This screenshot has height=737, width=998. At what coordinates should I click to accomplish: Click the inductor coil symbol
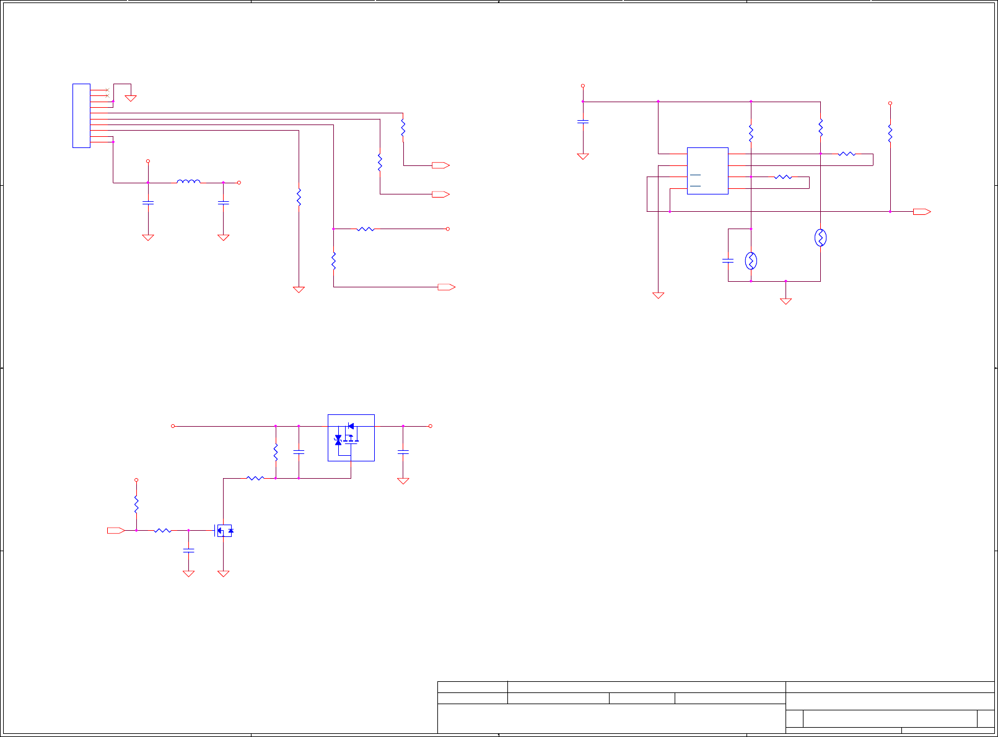coord(188,181)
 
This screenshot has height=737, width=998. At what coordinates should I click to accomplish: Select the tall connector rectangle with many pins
coord(81,116)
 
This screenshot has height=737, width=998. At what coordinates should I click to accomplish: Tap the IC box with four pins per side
coord(707,171)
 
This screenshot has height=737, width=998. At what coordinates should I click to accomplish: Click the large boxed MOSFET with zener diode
coord(351,438)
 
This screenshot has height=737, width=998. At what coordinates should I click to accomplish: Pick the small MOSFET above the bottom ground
coord(224,531)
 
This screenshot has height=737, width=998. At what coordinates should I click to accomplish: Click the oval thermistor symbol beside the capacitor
coord(751,261)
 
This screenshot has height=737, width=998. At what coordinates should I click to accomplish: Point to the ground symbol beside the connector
coord(131,97)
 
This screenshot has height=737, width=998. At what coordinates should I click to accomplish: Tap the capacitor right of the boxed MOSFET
coord(403,453)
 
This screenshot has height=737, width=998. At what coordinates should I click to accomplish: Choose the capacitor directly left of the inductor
coord(148,203)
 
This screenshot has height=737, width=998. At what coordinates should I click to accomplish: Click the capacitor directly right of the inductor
coord(224,203)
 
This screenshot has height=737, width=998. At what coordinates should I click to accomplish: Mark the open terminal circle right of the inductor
coord(239,183)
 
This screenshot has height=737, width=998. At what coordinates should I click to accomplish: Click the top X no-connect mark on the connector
coord(107,90)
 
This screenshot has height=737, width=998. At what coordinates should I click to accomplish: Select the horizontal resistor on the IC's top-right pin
coord(847,154)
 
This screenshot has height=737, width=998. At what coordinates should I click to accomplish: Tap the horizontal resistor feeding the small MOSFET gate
coord(162,531)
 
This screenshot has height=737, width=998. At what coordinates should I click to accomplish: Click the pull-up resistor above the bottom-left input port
coord(136,504)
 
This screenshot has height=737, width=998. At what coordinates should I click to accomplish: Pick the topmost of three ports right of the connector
coord(440,165)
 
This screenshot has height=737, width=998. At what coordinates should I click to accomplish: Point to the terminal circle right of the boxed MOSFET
coord(431,426)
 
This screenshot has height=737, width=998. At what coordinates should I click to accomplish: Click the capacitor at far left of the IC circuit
coord(583,121)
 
